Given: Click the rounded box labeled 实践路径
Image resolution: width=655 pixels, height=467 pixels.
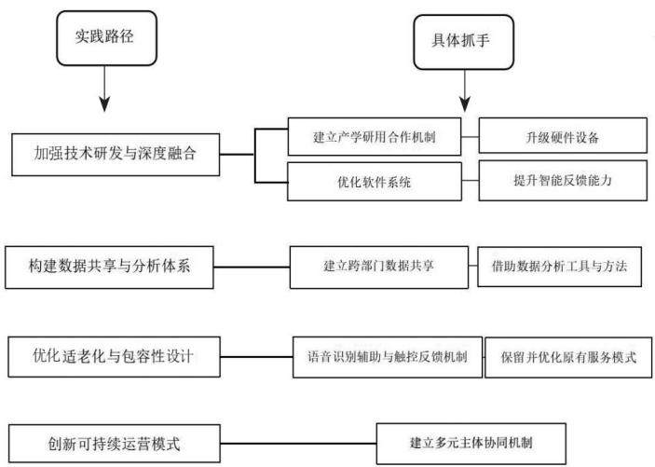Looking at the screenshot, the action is (106, 38).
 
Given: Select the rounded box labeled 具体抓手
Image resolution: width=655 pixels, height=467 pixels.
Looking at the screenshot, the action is (463, 42).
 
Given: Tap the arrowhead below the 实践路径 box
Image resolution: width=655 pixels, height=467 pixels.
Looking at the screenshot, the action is (104, 103).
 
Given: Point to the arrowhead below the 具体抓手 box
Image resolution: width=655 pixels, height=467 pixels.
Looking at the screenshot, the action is (465, 103).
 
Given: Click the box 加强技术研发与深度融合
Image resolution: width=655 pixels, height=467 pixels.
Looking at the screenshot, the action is (116, 155).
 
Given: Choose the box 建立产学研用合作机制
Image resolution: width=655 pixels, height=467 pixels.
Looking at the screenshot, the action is (375, 137).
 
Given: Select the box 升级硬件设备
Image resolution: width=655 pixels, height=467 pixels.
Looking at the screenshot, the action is (563, 135).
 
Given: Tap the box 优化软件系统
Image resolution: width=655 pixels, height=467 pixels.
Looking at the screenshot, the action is (375, 182).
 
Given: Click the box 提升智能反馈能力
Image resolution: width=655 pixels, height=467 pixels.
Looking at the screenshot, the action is (563, 180).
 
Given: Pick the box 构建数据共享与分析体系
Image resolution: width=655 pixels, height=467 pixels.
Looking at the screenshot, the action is (109, 268).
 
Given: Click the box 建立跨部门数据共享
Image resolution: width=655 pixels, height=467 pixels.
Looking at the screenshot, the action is (379, 268).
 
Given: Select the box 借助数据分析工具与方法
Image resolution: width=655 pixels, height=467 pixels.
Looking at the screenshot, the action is (559, 267).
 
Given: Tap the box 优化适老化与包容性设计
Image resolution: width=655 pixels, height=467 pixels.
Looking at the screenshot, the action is (114, 357).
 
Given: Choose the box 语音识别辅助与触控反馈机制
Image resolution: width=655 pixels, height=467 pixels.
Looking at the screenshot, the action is (388, 357).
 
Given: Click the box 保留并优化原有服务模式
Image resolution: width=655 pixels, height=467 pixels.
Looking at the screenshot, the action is (568, 357).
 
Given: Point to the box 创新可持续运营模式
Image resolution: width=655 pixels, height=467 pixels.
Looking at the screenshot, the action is (115, 444).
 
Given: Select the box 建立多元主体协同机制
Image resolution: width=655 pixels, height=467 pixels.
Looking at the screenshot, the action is (471, 444).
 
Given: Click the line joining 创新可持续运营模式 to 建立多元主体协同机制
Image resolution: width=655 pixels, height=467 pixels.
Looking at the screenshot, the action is (298, 444).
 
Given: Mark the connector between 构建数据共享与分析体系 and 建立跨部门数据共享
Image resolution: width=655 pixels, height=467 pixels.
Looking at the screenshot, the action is (252, 268).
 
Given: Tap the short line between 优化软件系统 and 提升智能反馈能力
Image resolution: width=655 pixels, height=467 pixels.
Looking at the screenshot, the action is (471, 181).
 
